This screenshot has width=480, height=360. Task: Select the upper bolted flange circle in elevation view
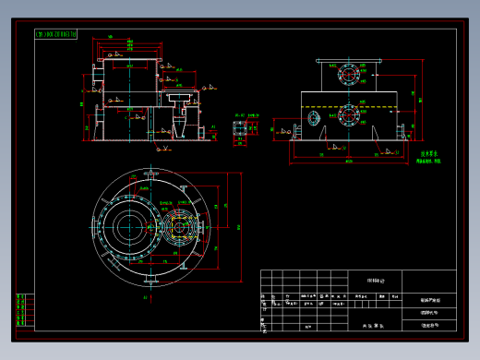pos(348,73)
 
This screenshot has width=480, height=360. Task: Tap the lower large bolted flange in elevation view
pos(348,116)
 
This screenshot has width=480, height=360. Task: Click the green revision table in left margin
pos(22,310)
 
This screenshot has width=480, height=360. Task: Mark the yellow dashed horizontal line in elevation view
pos(349,108)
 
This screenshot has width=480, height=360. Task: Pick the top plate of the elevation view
pos(348,60)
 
